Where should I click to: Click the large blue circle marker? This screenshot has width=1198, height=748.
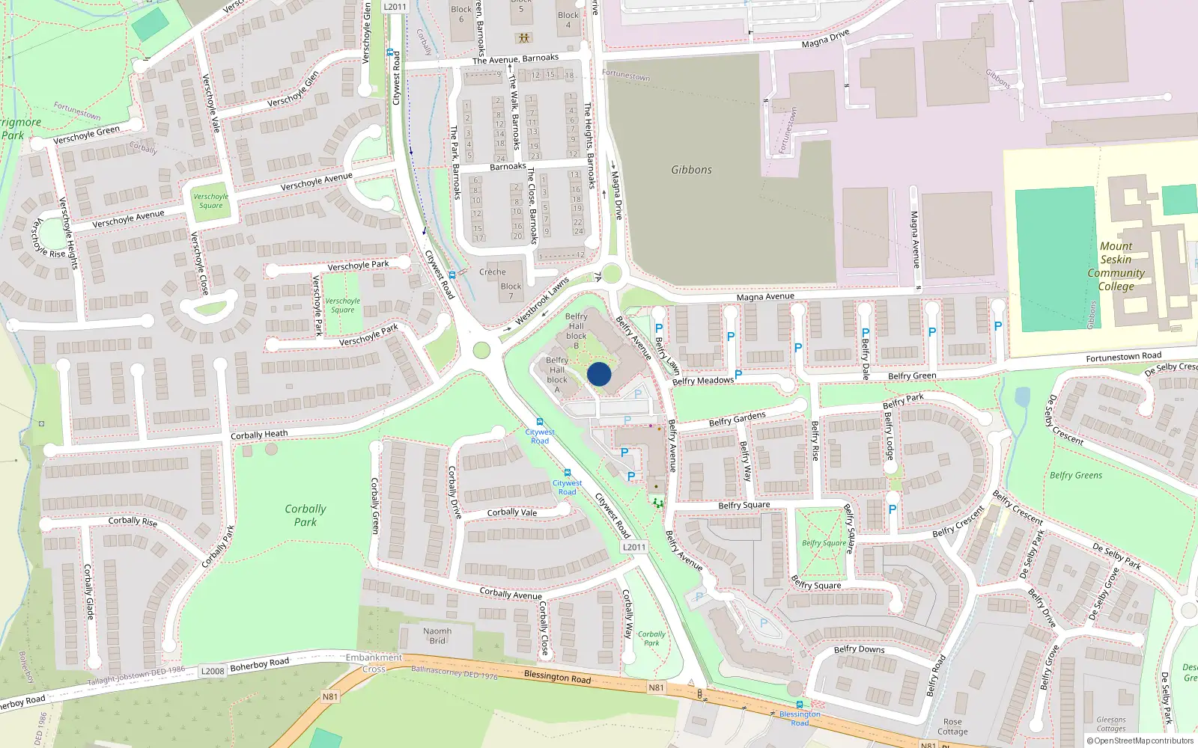click(x=599, y=374)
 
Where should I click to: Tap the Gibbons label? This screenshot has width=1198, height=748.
click(x=691, y=170)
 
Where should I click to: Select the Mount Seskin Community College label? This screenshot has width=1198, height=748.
click(x=1116, y=266)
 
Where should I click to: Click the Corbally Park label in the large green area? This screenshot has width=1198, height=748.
click(x=305, y=515)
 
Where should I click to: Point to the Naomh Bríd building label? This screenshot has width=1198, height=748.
click(x=437, y=636)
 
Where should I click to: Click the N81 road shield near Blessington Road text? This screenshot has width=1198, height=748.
click(x=656, y=687)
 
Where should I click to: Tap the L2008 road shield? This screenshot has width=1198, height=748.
click(x=213, y=671)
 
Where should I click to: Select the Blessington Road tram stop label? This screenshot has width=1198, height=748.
click(x=800, y=718)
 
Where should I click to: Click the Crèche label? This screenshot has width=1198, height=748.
click(x=493, y=272)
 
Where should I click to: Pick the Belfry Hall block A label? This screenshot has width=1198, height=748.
click(x=557, y=375)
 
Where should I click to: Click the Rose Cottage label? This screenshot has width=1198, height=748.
click(x=952, y=727)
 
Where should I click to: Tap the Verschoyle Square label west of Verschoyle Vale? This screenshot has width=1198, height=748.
click(x=210, y=201)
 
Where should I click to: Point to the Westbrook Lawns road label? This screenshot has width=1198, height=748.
click(x=543, y=302)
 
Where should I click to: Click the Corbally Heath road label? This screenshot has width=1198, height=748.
click(x=259, y=435)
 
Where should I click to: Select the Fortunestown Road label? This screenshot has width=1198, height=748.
click(x=1123, y=357)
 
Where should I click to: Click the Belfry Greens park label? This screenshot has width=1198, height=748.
click(x=1075, y=475)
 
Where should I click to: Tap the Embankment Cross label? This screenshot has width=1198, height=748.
click(x=374, y=663)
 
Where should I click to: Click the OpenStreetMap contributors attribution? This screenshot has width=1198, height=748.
click(x=1140, y=741)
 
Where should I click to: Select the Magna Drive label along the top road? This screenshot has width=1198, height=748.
click(x=825, y=39)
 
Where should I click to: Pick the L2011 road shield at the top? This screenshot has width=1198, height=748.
click(x=395, y=7)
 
